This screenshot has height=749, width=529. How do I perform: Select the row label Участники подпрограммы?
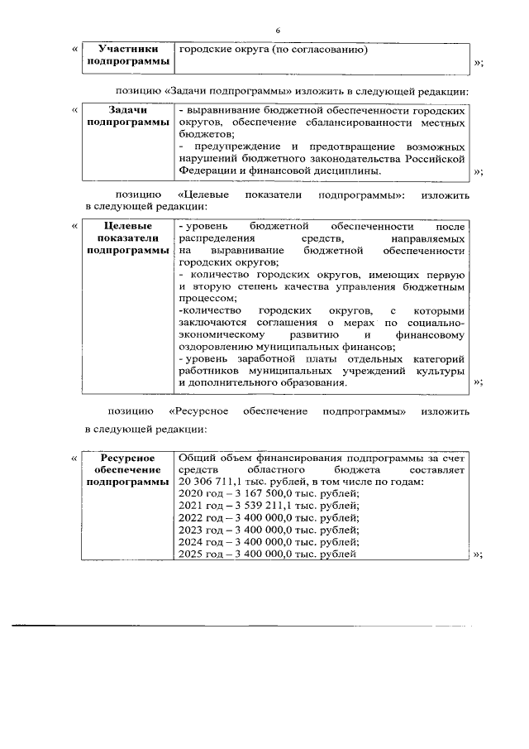point(128,56)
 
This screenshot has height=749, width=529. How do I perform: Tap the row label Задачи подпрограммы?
point(128,116)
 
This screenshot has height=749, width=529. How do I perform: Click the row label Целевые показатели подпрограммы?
point(128,237)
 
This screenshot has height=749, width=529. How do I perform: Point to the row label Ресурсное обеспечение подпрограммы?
point(128,469)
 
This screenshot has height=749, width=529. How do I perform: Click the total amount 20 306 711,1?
point(207,482)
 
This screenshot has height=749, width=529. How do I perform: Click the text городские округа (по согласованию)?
point(273,50)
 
